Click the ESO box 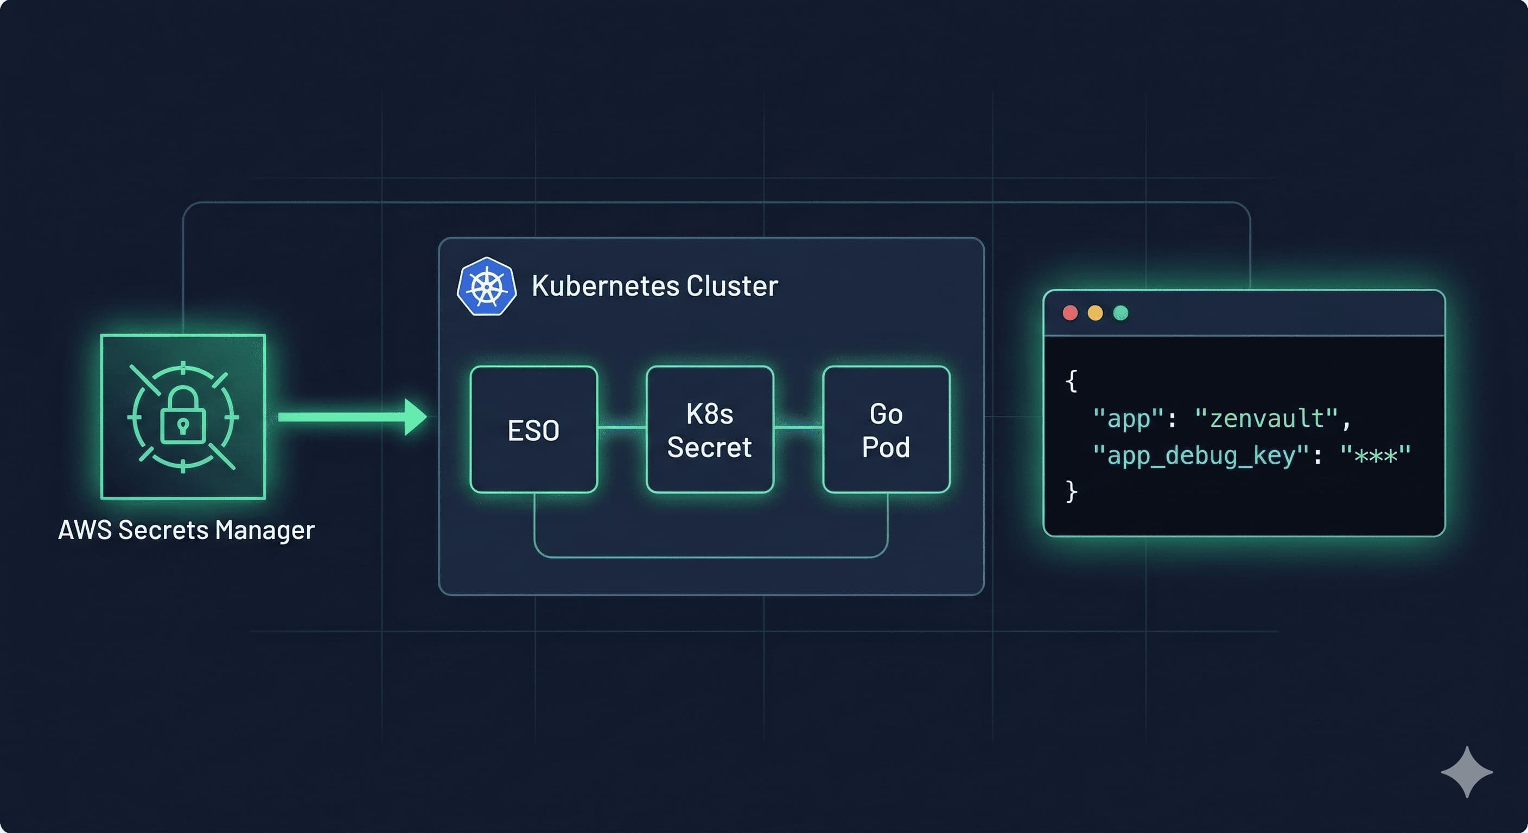pos(533,430)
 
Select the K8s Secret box pos(709,430)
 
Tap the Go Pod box pos(886,430)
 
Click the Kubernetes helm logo pos(486,286)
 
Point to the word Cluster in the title pos(732,286)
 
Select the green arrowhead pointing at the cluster pos(415,417)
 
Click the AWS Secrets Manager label pos(186,529)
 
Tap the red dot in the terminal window pos(1070,313)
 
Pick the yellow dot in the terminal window pos(1095,313)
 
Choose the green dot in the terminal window pos(1120,313)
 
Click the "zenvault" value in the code pos(1266,419)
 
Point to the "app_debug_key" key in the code pos(1201,456)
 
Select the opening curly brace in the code pos(1071,381)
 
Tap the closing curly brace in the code pos(1071,491)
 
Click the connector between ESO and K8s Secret pos(622,427)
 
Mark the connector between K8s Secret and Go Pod pos(798,427)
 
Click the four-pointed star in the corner pos(1467,772)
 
